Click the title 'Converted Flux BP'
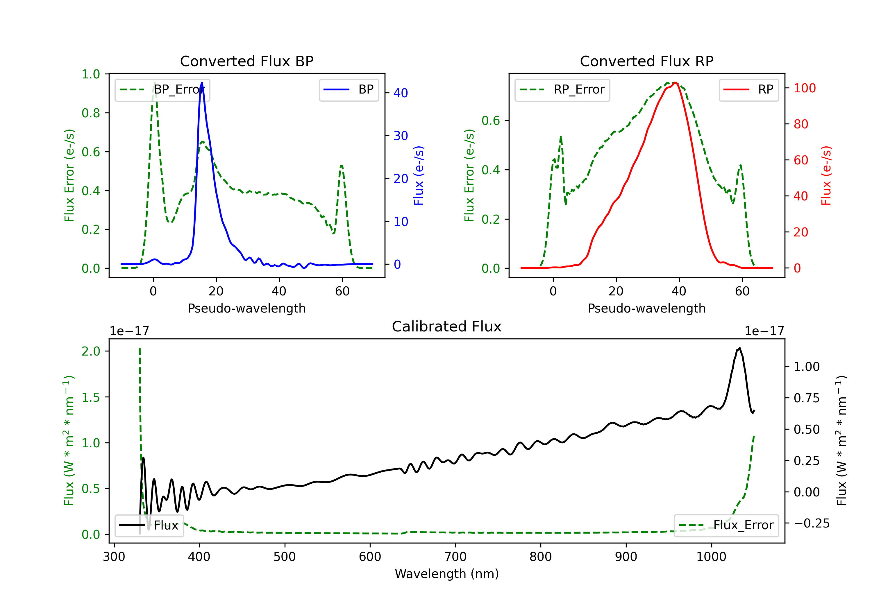[246, 61]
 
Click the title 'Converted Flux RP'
[646, 61]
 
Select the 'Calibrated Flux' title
[447, 326]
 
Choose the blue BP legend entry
[349, 89]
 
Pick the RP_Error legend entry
[562, 89]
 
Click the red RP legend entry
[748, 89]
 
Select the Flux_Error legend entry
[726, 525]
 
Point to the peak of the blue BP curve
[202, 82]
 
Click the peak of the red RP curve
[675, 82]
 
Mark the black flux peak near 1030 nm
[739, 348]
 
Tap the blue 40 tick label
[401, 93]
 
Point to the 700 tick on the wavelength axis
[455, 557]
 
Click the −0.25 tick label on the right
[812, 523]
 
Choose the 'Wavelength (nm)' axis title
[447, 574]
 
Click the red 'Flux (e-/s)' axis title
[826, 175]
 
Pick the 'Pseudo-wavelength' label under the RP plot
[646, 308]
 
